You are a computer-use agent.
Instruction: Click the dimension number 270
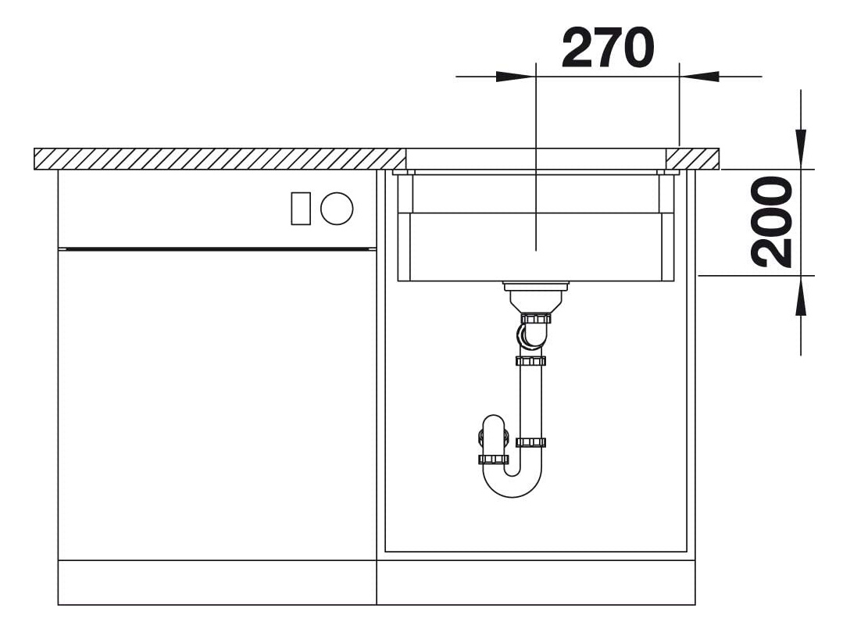click(608, 48)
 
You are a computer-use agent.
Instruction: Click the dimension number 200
click(771, 223)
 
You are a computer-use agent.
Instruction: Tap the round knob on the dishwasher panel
click(337, 209)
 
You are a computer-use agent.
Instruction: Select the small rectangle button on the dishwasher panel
click(301, 209)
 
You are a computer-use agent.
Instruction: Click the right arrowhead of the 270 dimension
click(699, 77)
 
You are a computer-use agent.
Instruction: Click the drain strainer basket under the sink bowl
click(536, 295)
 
